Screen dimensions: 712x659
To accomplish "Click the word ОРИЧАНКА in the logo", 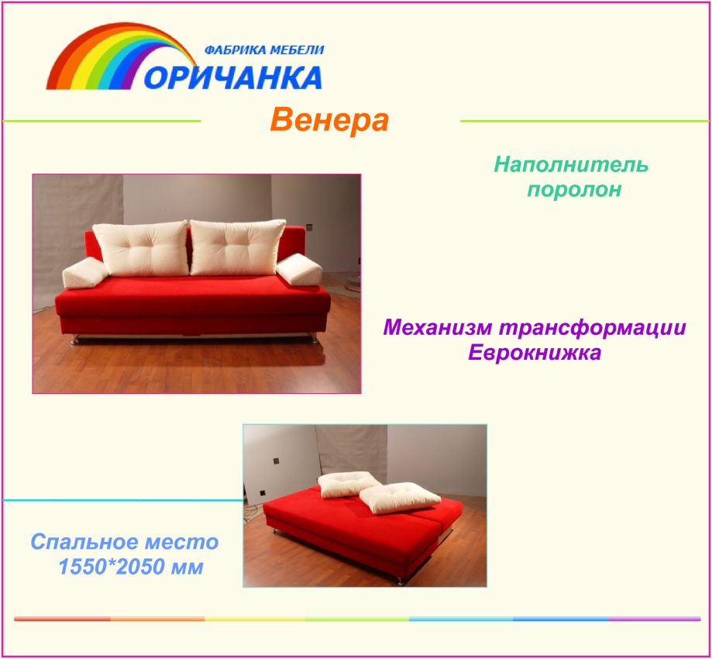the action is click(233, 78).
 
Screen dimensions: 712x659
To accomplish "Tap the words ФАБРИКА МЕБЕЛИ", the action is click(264, 50).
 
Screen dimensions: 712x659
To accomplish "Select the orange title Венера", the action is click(330, 120).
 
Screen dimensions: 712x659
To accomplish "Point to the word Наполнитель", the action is click(571, 164).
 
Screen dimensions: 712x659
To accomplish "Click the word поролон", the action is click(574, 189).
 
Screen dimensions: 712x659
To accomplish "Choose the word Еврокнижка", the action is click(535, 352).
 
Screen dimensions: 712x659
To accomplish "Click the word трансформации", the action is click(592, 328).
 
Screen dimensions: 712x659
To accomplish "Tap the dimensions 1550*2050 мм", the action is click(131, 566).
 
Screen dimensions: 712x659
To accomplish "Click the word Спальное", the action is click(81, 542).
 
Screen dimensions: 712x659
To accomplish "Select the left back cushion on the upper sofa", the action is click(142, 248).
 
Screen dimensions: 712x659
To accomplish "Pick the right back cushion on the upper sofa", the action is click(237, 247).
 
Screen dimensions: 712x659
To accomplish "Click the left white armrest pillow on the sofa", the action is click(85, 273).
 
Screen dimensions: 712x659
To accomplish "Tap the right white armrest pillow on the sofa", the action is click(299, 270).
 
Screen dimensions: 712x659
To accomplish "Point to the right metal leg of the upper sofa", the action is click(313, 338).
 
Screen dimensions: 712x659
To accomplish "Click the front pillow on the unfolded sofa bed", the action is click(400, 497).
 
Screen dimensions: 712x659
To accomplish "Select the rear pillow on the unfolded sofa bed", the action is click(348, 484).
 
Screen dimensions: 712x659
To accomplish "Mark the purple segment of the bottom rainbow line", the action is click(655, 619).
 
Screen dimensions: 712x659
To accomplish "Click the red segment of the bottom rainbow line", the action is click(62, 619).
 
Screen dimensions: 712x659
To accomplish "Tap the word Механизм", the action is click(438, 328).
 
